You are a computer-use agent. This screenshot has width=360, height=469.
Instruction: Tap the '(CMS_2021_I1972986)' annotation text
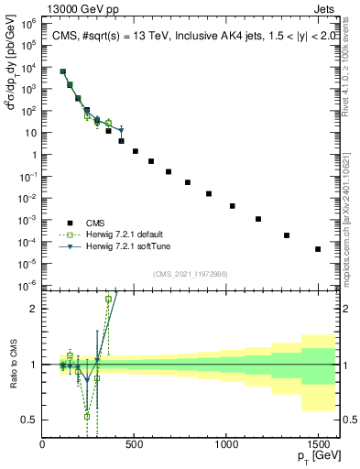tap(191, 273)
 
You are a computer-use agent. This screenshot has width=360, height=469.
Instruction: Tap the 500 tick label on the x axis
tap(135, 445)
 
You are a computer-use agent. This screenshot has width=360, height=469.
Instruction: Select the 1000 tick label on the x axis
tap(226, 445)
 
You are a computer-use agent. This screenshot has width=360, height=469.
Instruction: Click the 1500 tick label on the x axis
tap(318, 445)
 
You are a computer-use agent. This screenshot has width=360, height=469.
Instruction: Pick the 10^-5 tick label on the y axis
tap(29, 267)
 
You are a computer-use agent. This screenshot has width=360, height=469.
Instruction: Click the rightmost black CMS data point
tap(318, 249)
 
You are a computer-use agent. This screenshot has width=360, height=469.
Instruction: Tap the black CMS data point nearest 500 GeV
tap(136, 151)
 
